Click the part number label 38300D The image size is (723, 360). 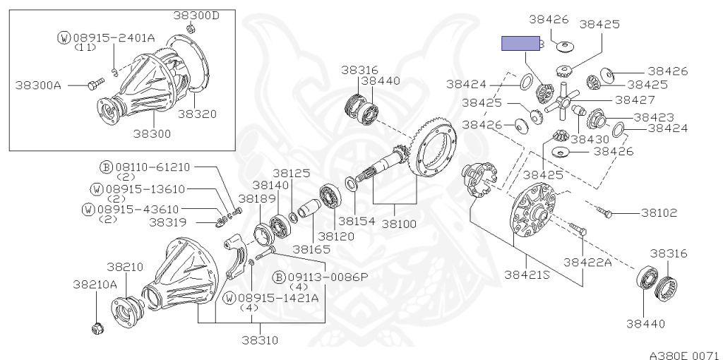coord(196,16)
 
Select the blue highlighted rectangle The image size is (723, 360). coord(520,43)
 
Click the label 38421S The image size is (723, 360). coord(527,275)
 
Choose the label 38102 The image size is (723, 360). coord(659,213)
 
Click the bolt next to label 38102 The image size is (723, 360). coord(604,212)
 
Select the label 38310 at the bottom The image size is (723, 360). coord(260,340)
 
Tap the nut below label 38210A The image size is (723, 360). coord(97,328)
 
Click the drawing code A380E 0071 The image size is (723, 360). coord(683,355)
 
